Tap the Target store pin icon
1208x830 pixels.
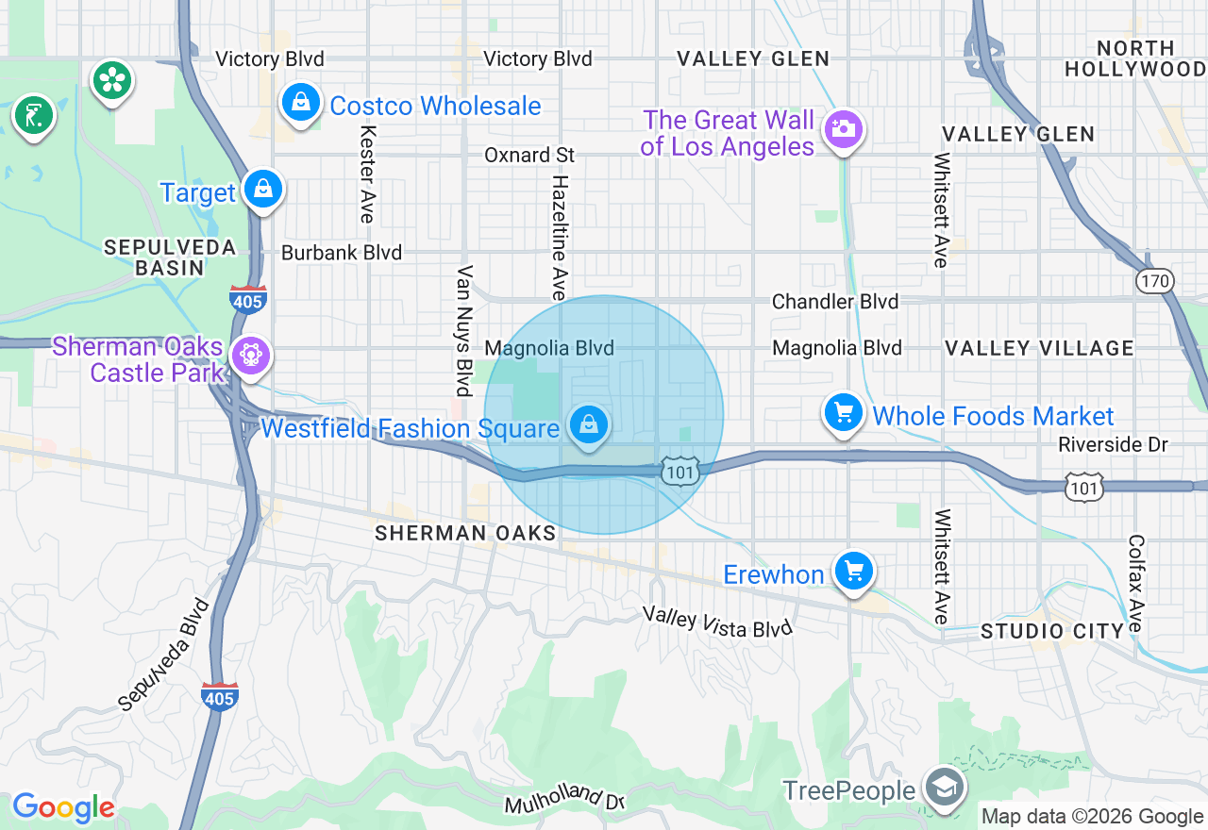point(263,191)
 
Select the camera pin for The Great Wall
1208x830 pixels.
point(843,129)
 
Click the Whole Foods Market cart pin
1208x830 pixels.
point(844,413)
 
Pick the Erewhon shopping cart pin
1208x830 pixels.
point(854,572)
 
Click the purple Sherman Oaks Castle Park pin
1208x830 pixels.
point(250,356)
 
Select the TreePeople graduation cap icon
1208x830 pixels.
point(943,788)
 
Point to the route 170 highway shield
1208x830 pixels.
point(1154,280)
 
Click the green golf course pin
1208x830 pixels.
point(34,116)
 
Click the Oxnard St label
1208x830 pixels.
point(529,155)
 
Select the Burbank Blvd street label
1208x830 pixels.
point(342,253)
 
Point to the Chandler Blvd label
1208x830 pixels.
point(835,302)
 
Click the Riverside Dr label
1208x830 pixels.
point(1113,444)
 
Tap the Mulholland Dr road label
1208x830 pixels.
point(565,799)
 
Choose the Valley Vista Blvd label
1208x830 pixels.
point(717,622)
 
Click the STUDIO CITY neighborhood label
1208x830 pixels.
point(1052,631)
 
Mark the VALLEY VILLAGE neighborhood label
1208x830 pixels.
point(1039,348)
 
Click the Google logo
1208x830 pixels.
point(63,807)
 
